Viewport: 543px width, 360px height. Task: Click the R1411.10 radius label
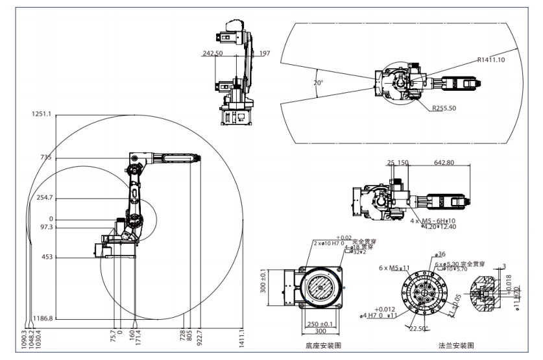point(491,60)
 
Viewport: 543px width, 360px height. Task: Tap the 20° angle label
point(318,84)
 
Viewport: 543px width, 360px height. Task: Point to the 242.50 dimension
point(213,53)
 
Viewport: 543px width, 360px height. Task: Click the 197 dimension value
point(264,53)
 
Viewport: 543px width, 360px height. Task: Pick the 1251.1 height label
point(41,115)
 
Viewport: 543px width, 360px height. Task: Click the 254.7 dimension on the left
point(43,197)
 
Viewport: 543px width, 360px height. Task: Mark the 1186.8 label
point(41,319)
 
